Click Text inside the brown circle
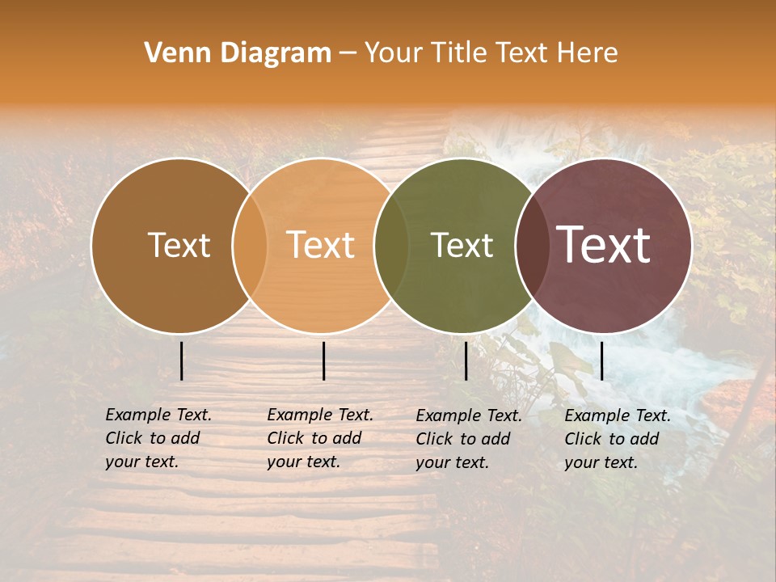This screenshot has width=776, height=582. (x=179, y=246)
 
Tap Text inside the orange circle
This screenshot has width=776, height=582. (x=321, y=246)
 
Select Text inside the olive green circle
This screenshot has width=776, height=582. (x=462, y=246)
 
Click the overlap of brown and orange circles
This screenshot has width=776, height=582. (x=250, y=246)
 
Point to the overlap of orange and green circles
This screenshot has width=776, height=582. (x=391, y=246)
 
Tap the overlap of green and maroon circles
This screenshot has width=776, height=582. (x=533, y=246)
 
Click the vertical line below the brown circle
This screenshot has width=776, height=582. (x=181, y=361)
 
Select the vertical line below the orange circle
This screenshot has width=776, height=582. (x=323, y=361)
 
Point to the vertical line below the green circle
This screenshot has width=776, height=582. (x=466, y=361)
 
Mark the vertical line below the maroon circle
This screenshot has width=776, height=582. (x=601, y=361)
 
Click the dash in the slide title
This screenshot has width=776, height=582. (x=348, y=54)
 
